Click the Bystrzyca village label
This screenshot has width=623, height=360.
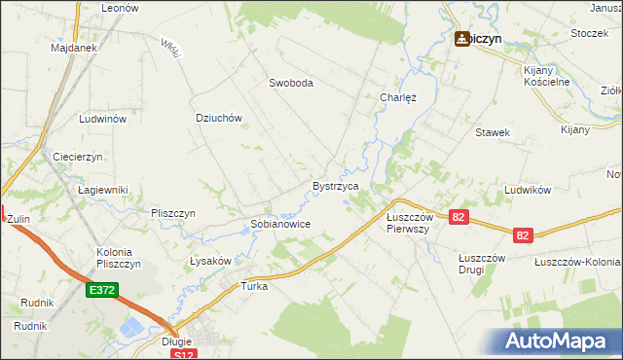(336, 185)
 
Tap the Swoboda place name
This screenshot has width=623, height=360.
(291, 84)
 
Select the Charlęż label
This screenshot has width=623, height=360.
(397, 97)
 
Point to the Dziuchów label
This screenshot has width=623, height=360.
(218, 118)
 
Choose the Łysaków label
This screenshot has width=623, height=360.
(209, 261)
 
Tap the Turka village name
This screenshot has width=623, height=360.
(254, 287)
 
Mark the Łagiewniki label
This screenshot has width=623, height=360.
(103, 189)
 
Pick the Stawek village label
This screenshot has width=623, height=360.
(493, 132)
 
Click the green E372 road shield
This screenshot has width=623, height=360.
(101, 290)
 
